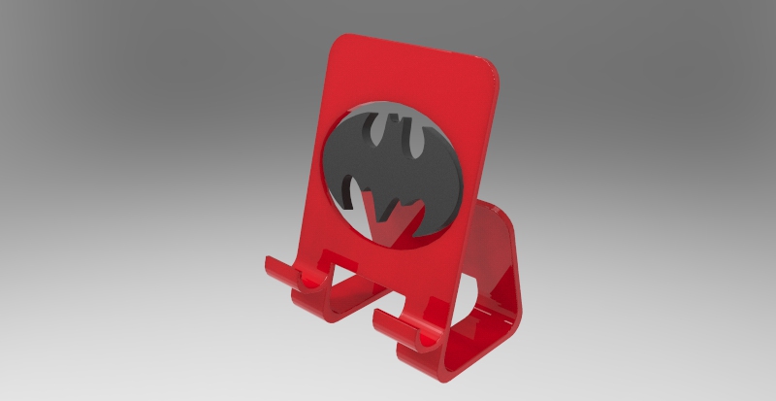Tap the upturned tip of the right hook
(x=378, y=315)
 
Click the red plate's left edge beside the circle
(x=325, y=165)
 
